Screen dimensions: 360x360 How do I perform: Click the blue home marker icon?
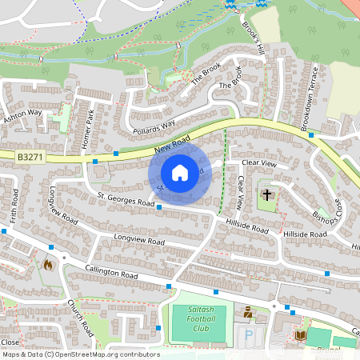pos(180,173)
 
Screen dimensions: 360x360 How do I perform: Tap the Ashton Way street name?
pos(22,117)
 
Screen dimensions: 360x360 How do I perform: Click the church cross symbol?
pos(266,194)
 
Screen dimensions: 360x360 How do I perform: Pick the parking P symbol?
pos(248,334)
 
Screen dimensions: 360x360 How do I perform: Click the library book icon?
pos(301,335)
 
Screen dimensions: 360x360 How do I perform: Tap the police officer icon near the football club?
pos(249,312)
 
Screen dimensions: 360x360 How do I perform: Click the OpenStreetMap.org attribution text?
pos(104,354)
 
